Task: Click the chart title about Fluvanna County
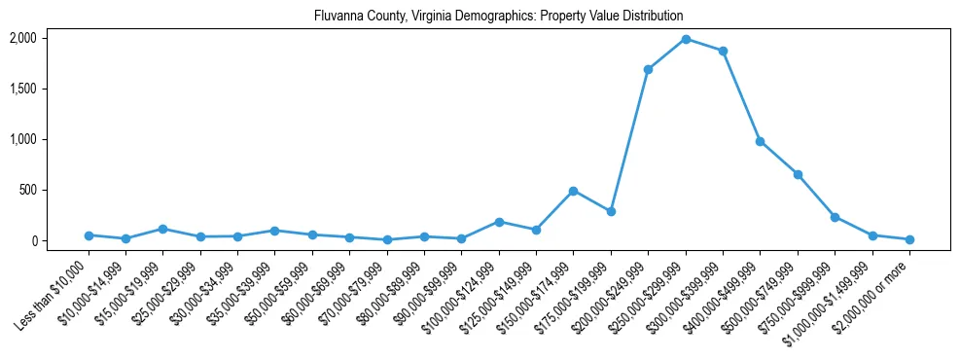499,17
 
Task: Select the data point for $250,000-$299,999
686,39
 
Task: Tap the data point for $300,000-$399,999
723,51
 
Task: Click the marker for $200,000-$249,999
648,69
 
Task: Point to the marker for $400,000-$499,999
760,141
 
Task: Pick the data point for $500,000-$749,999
798,174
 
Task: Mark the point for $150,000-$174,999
574,191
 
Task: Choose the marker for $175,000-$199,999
611,211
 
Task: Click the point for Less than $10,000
89,235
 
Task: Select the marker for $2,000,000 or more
909,239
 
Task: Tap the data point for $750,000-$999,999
835,217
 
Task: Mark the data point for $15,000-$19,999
162,229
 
